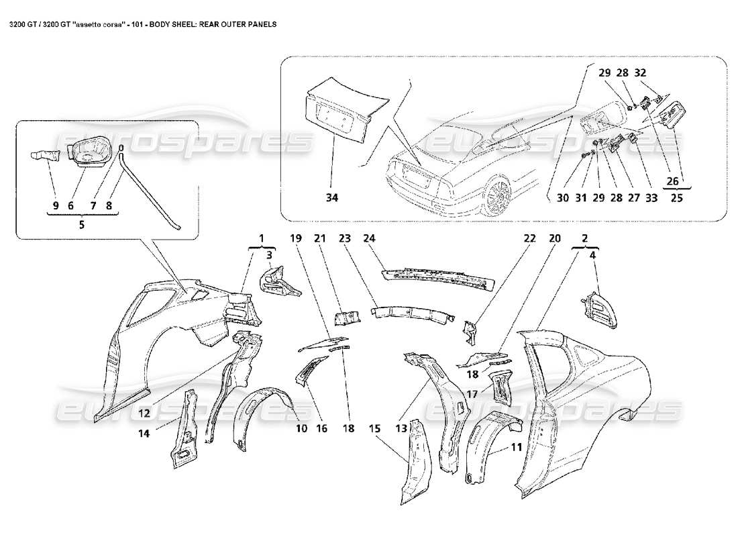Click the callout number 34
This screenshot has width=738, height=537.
click(332, 197)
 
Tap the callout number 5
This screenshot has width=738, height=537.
click(82, 225)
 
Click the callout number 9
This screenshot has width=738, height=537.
click(56, 205)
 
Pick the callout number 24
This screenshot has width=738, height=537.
click(370, 238)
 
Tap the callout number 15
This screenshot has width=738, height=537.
click(374, 427)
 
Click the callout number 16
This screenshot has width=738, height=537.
click(322, 427)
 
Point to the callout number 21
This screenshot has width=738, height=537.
click(319, 238)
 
